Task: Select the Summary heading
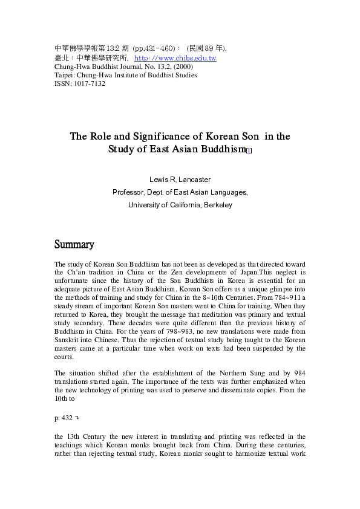pos(74,245)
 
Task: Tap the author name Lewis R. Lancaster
pos(180,180)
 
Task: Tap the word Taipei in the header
pos(64,75)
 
